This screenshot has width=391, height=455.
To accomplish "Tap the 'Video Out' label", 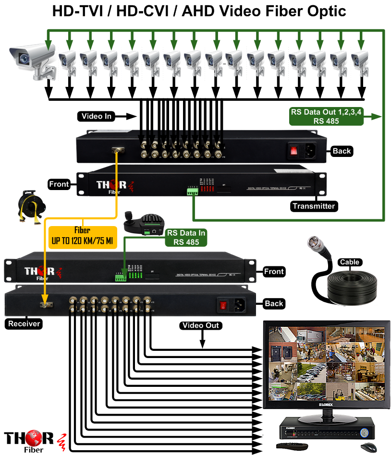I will coord(201,325).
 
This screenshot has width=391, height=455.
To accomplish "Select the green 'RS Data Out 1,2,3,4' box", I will coord(327,117).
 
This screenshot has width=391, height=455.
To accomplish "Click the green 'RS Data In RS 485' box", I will coord(186,238).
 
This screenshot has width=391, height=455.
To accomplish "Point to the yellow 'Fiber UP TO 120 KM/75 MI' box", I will coord(83,237).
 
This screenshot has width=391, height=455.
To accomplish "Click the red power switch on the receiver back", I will coord(222,304).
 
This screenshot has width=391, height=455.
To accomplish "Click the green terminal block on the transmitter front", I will coord(193,192).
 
